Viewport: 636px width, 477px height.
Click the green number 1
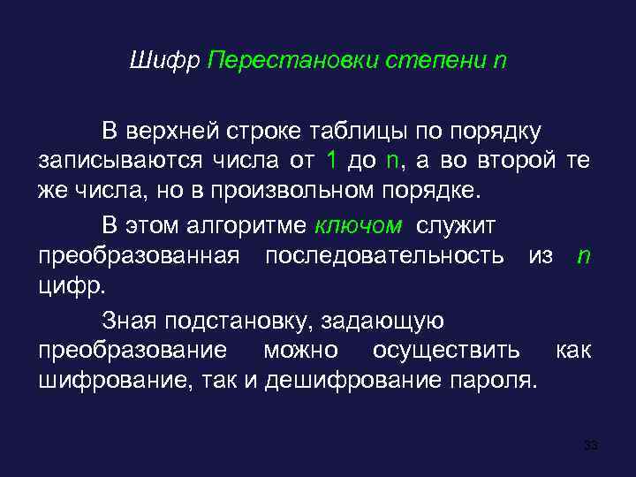(x=331, y=160)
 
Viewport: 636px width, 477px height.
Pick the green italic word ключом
(x=359, y=227)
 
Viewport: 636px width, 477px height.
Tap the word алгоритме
(x=246, y=227)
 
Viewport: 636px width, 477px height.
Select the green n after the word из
(x=583, y=256)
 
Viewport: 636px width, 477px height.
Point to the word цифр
(x=72, y=285)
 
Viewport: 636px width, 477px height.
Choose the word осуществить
(x=446, y=351)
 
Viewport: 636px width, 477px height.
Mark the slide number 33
(x=591, y=444)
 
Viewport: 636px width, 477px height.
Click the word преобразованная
(x=139, y=256)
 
